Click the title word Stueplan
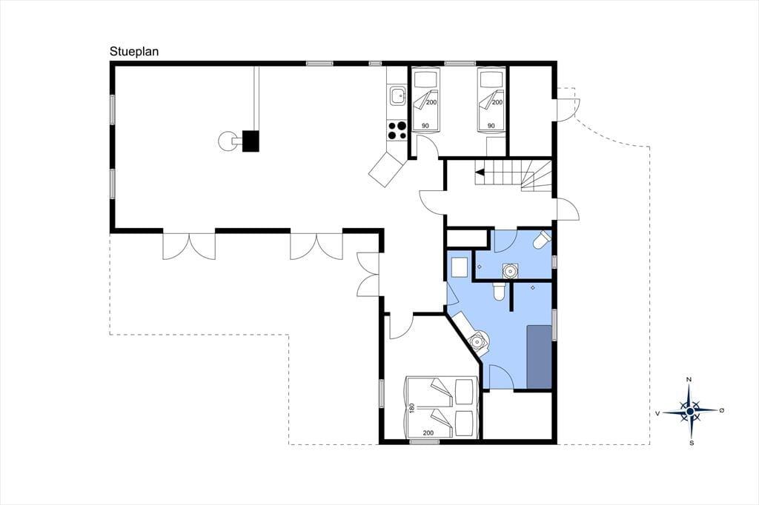coord(134,51)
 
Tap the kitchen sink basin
coord(398,96)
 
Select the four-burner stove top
coord(397,130)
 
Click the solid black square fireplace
coord(251,141)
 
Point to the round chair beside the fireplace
coord(227,141)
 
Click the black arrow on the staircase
coord(480,172)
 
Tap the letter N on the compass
coord(689,380)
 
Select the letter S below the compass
coord(692,443)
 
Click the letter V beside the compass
coord(657,413)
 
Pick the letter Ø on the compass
coord(722,410)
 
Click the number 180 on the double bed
coord(412,408)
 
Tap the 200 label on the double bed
coord(428,433)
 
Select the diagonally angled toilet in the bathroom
coord(542,239)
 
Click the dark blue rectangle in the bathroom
coord(540,356)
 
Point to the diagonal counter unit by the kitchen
coord(385,169)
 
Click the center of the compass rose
coord(690,411)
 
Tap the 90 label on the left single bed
coord(425,126)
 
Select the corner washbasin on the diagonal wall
coord(479,341)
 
